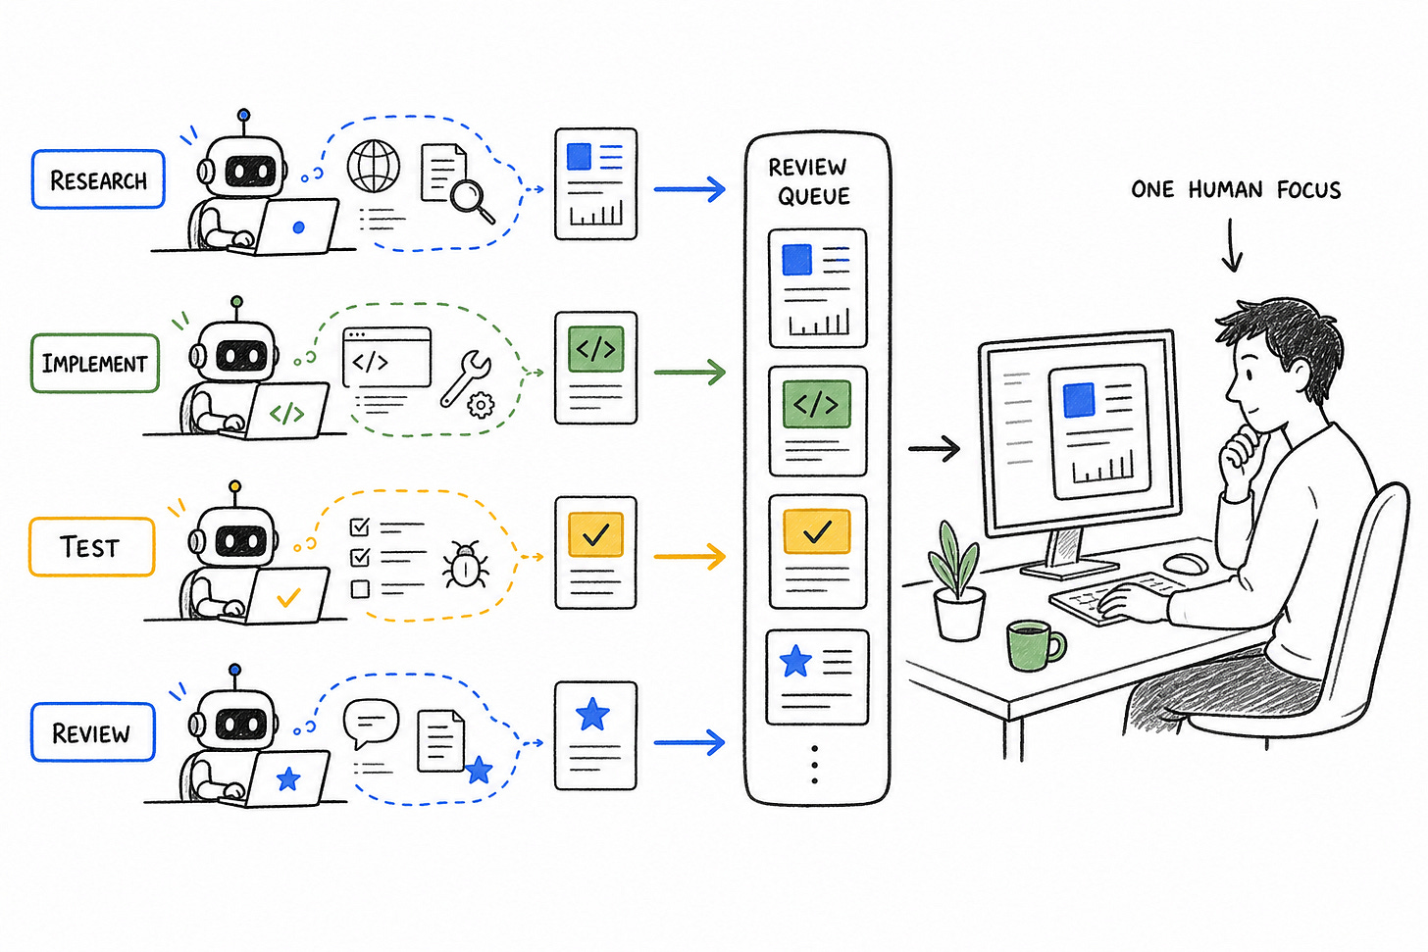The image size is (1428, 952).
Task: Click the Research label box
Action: coord(98,179)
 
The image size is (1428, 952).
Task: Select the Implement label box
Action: coord(94,363)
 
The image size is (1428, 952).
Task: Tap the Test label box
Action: coord(92,547)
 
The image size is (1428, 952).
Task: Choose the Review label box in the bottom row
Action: coord(93,732)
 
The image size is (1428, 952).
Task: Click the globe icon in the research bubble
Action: coord(374,167)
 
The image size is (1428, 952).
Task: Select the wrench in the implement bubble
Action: coord(464,377)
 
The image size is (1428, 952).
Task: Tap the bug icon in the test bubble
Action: coord(465,564)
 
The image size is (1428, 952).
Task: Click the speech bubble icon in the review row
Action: coord(371,724)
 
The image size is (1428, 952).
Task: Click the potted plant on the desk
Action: coord(957,580)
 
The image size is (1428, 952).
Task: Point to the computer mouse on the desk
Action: coord(1186,564)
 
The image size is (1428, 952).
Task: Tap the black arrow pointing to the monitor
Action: coord(934,449)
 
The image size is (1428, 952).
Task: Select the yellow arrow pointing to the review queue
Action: coord(689,556)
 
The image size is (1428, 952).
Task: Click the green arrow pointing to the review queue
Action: coord(689,372)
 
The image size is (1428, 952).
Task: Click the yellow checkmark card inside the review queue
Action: coord(818,552)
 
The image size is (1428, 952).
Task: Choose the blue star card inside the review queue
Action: coord(817,677)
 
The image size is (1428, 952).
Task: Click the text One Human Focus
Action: coord(1236,189)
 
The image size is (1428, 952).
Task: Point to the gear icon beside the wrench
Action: coord(481,405)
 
